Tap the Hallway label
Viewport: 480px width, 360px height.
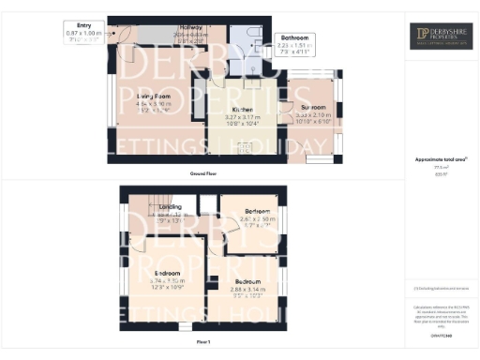coord(190,28)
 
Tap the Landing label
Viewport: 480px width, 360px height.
coord(170,206)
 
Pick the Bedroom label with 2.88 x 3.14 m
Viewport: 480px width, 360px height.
coord(248,281)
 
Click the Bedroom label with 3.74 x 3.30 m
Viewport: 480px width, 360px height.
coord(167,274)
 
